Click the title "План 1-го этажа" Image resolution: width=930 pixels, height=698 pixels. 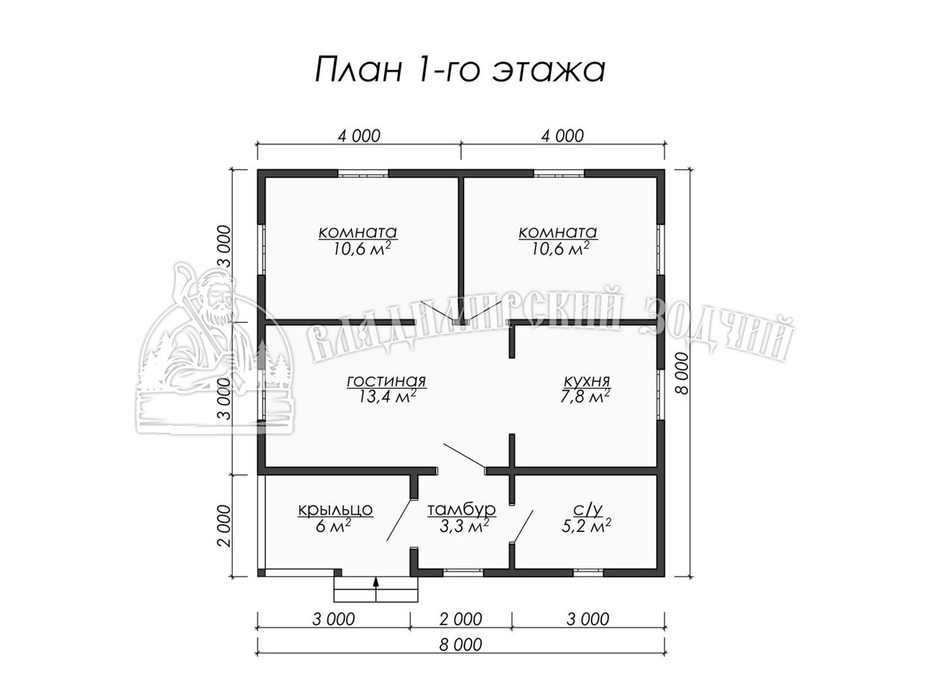click(460, 70)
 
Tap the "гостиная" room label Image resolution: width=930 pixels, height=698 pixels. click(387, 381)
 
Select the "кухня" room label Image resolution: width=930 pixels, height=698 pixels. click(587, 381)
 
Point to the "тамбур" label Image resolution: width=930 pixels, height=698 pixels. click(461, 510)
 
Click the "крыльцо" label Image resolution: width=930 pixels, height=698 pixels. click(335, 510)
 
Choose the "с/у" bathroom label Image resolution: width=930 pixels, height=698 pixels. click(587, 510)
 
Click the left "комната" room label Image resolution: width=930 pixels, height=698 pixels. click(357, 232)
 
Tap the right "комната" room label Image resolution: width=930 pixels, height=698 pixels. click(557, 232)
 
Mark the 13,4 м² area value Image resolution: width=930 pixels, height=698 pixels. click(387, 397)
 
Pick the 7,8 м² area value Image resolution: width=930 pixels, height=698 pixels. click(586, 397)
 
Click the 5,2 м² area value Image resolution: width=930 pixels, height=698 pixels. click(587, 526)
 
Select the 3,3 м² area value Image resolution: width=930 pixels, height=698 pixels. click(464, 526)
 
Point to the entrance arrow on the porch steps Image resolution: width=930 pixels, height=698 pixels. click(375, 589)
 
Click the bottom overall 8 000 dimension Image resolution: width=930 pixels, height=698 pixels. click(460, 644)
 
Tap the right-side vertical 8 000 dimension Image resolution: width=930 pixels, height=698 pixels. click(683, 373)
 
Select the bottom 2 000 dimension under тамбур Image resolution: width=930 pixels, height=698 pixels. click(460, 619)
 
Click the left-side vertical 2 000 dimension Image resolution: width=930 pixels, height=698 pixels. click(226, 526)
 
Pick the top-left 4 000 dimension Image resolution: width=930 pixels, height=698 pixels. click(359, 136)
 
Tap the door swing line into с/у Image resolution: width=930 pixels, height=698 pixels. click(522, 527)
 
